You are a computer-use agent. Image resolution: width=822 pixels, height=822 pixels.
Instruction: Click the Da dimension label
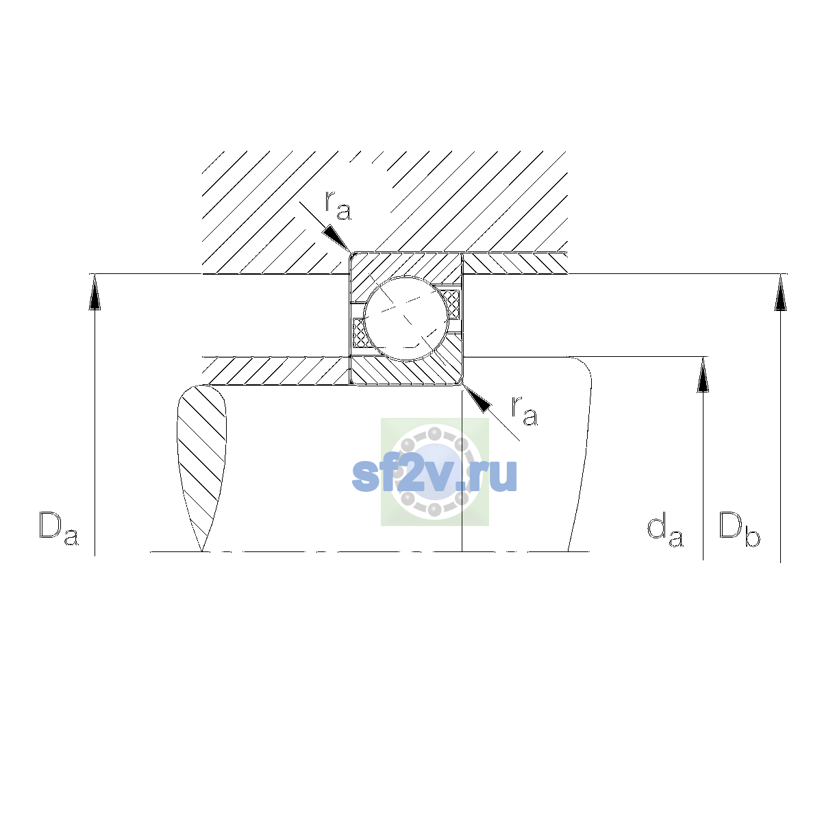pos(59,529)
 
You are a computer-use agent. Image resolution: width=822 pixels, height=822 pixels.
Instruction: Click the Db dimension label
pos(739,529)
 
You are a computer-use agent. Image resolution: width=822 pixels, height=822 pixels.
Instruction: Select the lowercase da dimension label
pos(665,531)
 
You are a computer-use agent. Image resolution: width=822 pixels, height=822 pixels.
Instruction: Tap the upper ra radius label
pos(338,206)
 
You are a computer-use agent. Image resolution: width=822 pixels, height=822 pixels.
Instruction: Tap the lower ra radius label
pos(525,410)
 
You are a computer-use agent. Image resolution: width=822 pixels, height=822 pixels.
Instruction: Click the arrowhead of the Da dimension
pos(95,292)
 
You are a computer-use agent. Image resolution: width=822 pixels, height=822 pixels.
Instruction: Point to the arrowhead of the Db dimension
pos(781,292)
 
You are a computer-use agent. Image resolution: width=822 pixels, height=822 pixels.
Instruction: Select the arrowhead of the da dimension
pos(703,375)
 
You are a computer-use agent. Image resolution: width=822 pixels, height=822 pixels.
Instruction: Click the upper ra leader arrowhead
pos(337,239)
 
